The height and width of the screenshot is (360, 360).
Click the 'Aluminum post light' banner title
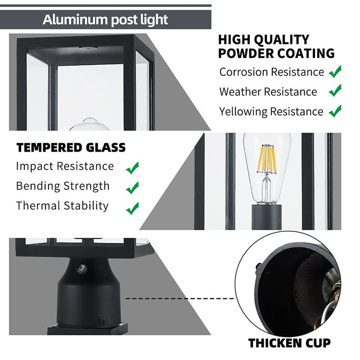point(105,20)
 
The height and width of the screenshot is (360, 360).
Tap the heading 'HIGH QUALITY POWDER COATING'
point(276,46)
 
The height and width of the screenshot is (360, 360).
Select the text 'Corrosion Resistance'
point(271,72)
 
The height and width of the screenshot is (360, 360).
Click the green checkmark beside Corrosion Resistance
point(335,71)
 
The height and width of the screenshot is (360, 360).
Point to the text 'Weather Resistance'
point(268,92)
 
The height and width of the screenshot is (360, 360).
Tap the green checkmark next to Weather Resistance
point(335,91)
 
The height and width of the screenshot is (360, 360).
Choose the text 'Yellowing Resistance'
point(271,112)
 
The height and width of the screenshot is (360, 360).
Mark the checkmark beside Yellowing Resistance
point(335,111)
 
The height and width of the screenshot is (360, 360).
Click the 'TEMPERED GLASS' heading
point(71,148)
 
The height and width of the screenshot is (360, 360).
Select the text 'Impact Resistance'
point(65,166)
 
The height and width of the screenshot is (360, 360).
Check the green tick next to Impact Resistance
point(132,168)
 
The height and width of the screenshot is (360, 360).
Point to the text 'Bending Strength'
point(63,186)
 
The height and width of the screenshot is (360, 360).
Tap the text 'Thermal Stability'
point(62,206)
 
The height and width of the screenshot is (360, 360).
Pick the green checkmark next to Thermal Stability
point(132,208)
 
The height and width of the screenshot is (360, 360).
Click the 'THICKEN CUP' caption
point(289,343)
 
